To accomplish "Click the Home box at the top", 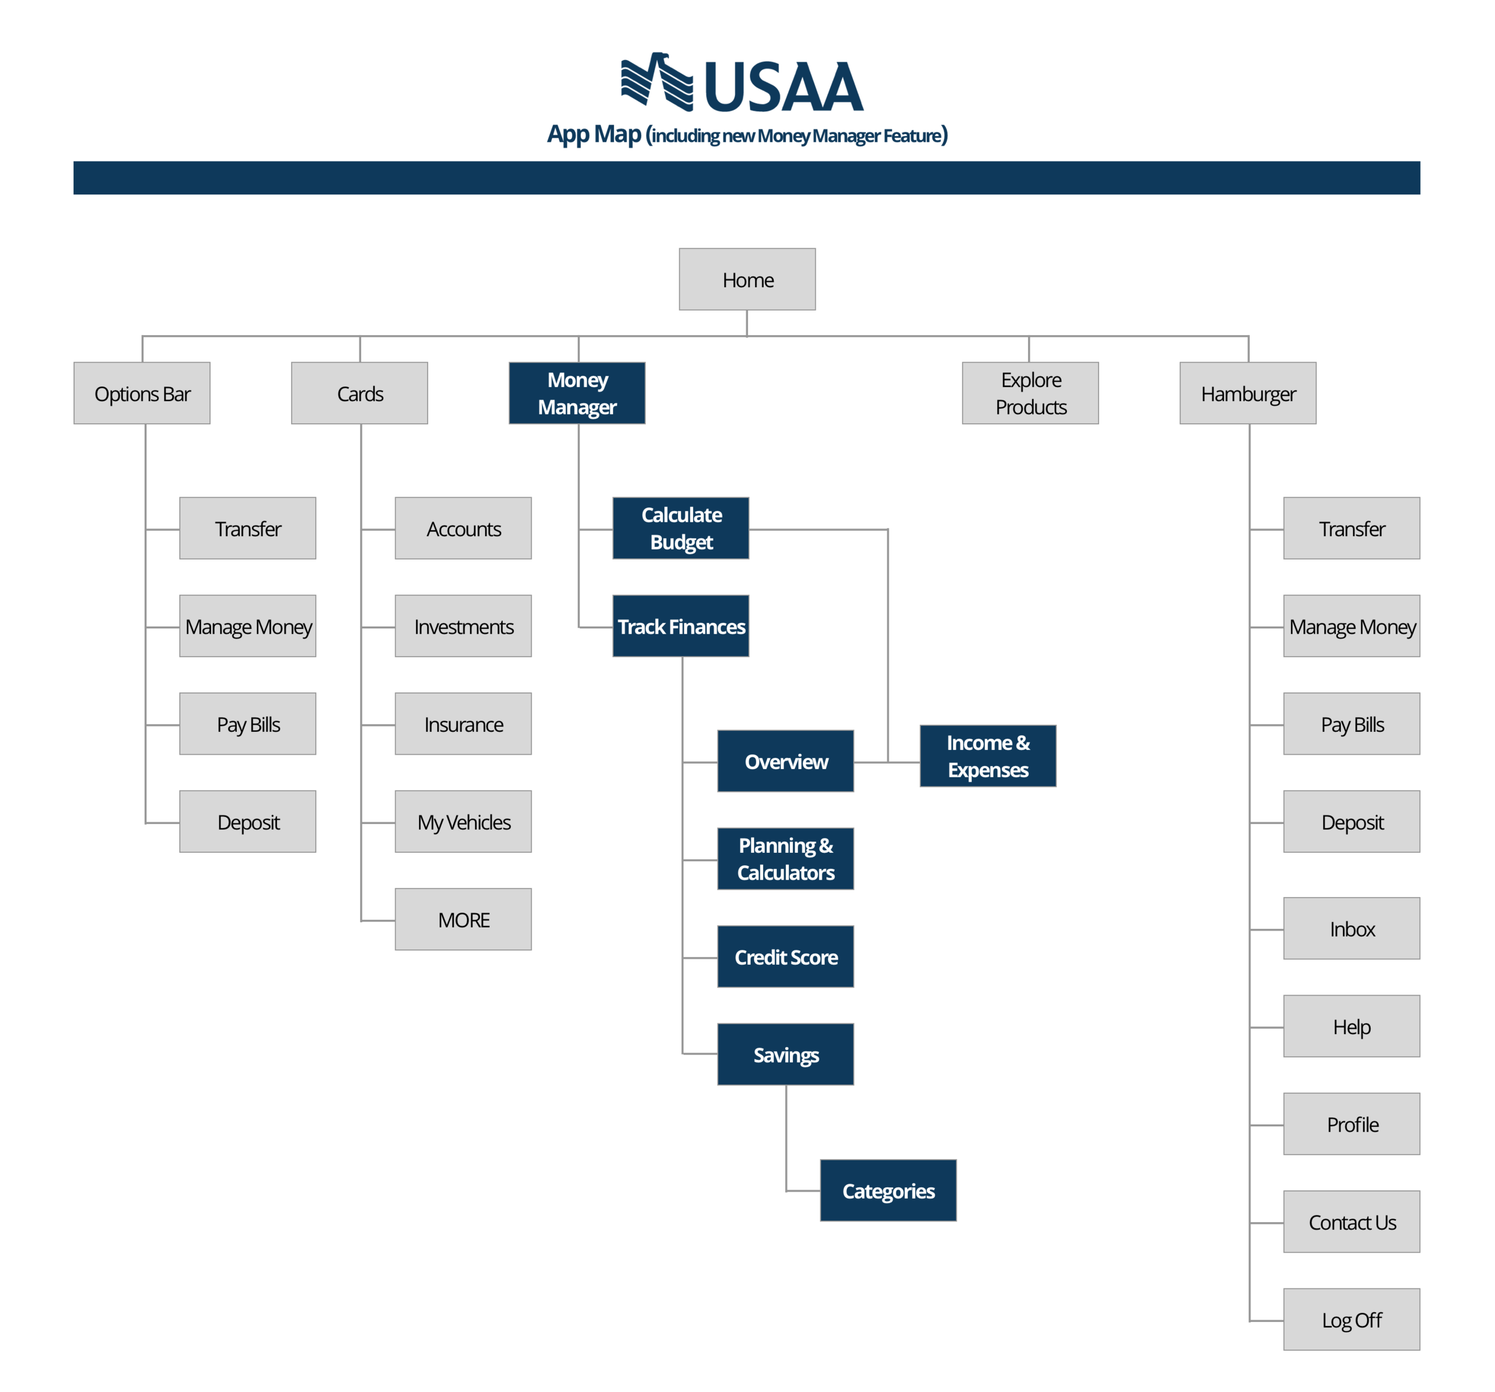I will click(747, 279).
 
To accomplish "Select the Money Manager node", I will click(577, 393).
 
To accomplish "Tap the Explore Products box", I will click(1030, 393).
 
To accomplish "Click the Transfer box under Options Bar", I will click(248, 528).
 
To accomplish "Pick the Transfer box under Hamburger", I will click(1351, 528).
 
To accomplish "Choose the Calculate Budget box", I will click(681, 528).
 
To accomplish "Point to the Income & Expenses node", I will click(987, 756).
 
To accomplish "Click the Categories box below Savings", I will click(888, 1190).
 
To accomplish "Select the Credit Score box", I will click(785, 956).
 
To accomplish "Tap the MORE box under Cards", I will click(463, 919).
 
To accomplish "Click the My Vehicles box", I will click(463, 822).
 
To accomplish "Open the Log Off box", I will click(1351, 1320).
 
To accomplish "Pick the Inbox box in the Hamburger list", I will click(1351, 929).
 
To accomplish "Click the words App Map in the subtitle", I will click(594, 135).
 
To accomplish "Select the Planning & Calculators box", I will click(785, 859).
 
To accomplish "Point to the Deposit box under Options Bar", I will click(248, 822).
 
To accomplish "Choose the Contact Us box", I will click(1351, 1222).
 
